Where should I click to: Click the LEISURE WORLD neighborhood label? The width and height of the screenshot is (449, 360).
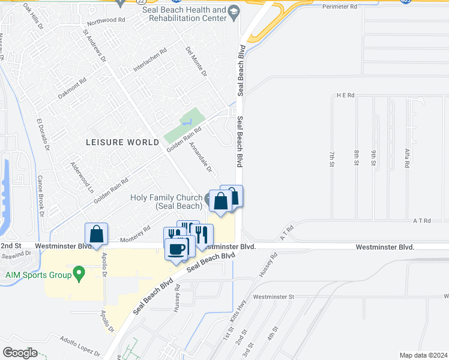(122, 142)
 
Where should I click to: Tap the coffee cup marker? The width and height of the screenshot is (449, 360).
(176, 249)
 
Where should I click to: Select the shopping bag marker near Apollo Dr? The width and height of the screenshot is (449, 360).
(96, 234)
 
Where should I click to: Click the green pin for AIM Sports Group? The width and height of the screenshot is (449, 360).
(78, 275)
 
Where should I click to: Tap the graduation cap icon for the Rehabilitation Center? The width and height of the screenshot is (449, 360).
(234, 10)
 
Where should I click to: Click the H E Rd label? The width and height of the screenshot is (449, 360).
(346, 95)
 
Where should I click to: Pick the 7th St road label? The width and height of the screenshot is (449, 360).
(331, 158)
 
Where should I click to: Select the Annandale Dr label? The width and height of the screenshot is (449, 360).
(201, 157)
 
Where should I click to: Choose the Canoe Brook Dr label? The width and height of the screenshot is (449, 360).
(41, 196)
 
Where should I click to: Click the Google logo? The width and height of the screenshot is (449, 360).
(20, 353)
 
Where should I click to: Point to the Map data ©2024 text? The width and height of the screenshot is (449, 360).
(423, 355)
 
